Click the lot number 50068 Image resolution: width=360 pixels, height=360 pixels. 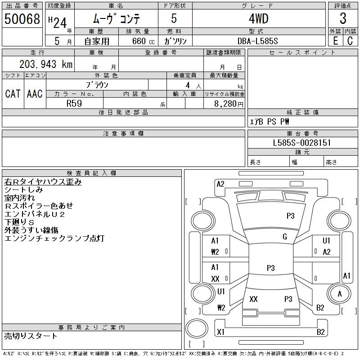click(22, 19)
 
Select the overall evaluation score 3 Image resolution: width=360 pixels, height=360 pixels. click(343, 19)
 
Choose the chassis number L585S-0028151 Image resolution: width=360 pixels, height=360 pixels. click(302, 143)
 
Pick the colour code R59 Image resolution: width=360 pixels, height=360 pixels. click(74, 103)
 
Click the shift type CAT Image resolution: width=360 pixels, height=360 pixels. click(13, 94)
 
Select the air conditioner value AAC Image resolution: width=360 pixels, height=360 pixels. click(35, 94)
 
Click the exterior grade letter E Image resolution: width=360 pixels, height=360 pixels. click(335, 41)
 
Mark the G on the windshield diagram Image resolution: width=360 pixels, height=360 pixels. click(285, 237)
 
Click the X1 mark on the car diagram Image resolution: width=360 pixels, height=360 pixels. click(220, 332)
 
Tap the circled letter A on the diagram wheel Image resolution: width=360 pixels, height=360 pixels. click(340, 293)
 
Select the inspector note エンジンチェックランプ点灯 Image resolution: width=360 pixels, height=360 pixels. click(54, 238)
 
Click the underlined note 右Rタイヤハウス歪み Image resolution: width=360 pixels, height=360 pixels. click(43, 182)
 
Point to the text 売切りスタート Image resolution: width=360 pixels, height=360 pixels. click(31, 336)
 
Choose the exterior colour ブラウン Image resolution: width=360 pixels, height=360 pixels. click(97, 84)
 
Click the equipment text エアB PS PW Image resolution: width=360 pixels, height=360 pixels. click(270, 121)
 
